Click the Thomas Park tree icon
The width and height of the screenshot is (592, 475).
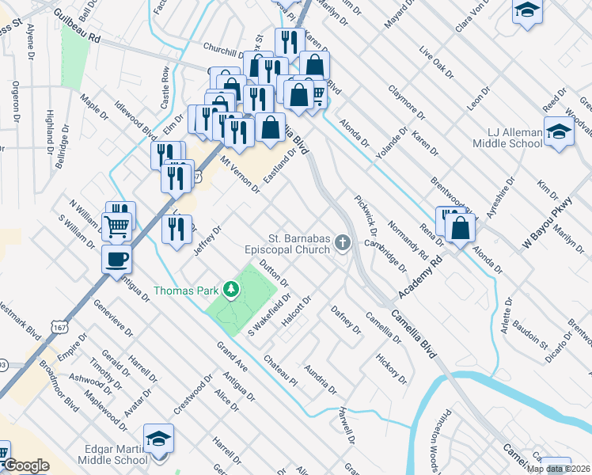coord(231,290)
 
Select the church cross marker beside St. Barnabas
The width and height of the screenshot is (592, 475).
coord(343,241)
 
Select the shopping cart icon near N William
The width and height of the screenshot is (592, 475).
coord(116,226)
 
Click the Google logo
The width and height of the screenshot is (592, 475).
coord(26,465)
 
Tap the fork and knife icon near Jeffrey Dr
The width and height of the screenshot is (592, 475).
coord(176,229)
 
